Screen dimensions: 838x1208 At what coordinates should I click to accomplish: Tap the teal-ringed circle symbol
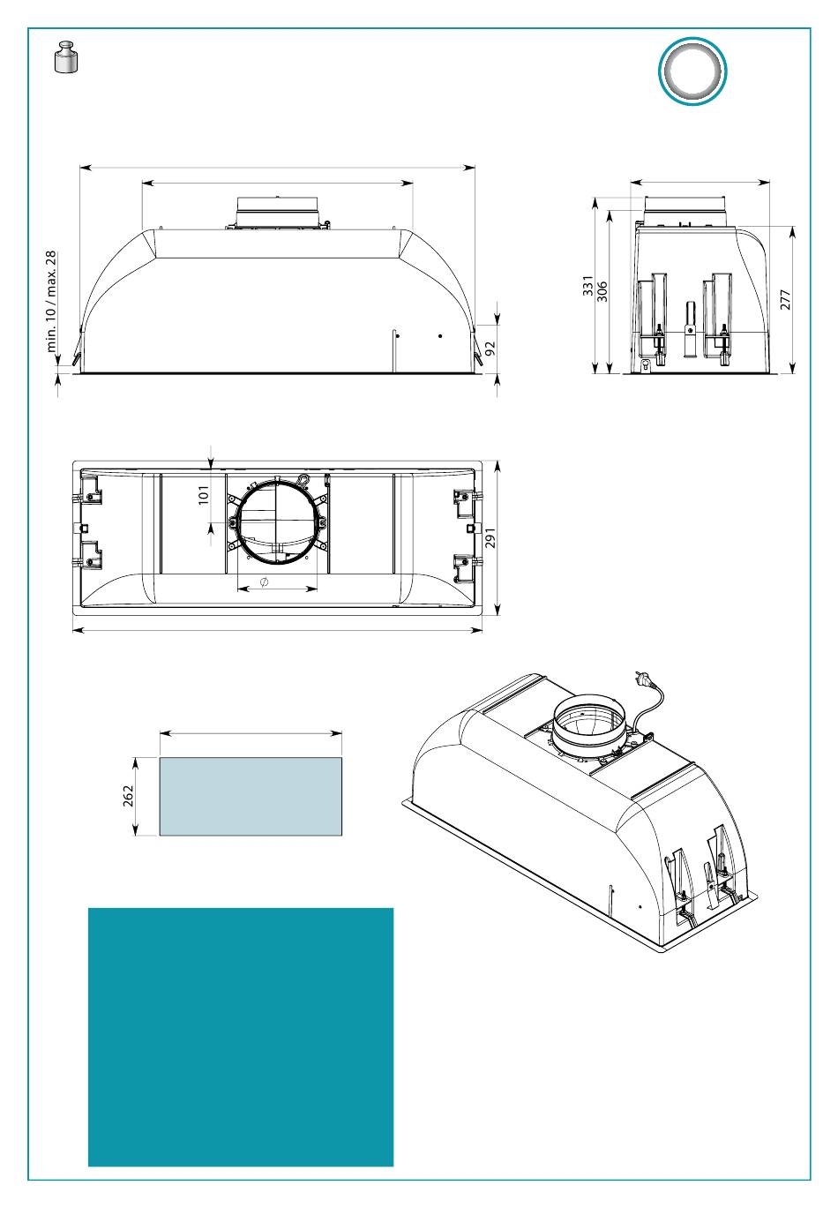point(692,71)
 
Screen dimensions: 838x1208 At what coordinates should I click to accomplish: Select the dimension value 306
point(603,292)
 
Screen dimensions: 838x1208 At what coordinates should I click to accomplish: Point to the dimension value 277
point(786,299)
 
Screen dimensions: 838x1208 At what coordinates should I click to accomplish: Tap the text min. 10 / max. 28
point(51,301)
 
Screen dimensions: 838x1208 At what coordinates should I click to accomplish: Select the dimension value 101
point(204,493)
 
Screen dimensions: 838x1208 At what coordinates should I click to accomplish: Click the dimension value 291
point(490,537)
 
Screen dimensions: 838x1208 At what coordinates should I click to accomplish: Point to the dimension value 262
point(128,796)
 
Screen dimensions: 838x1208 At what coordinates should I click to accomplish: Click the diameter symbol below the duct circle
point(265,583)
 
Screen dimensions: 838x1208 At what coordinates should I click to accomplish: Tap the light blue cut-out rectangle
point(251,796)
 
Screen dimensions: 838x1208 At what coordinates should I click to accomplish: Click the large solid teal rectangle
point(241,1037)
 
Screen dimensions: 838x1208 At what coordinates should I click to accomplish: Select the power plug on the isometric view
point(642,679)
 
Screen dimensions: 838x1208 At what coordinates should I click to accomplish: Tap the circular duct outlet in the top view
point(277,523)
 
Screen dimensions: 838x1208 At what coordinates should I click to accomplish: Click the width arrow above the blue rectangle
point(251,732)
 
